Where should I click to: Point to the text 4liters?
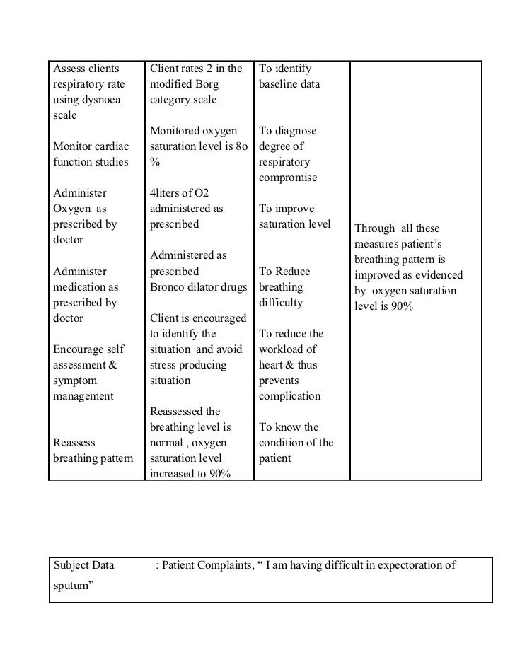pyautogui.click(x=167, y=194)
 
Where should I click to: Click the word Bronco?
pyautogui.click(x=168, y=287)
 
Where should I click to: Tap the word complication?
pyautogui.click(x=289, y=396)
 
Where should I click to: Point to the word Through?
pyautogui.click(x=374, y=229)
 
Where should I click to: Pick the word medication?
pyautogui.click(x=79, y=287)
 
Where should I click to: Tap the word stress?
pyautogui.click(x=163, y=365)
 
